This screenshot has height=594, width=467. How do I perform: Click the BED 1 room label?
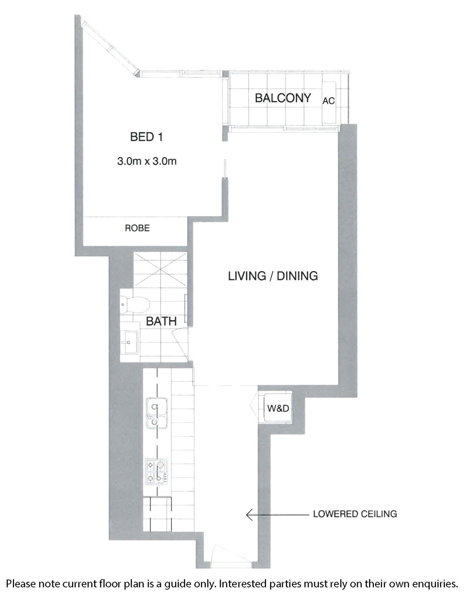[147, 137]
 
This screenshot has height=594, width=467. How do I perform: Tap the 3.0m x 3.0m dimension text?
[147, 161]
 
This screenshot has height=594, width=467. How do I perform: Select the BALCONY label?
[283, 98]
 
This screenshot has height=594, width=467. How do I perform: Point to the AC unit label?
[329, 101]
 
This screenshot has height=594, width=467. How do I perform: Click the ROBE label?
[137, 228]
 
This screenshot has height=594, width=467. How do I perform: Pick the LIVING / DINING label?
[273, 276]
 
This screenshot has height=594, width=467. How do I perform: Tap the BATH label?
[161, 321]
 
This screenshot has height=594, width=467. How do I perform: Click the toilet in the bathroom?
[135, 305]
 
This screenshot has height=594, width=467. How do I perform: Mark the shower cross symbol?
[161, 271]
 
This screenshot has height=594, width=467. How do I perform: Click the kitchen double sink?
[157, 413]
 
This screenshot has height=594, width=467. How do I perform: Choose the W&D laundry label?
[278, 408]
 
